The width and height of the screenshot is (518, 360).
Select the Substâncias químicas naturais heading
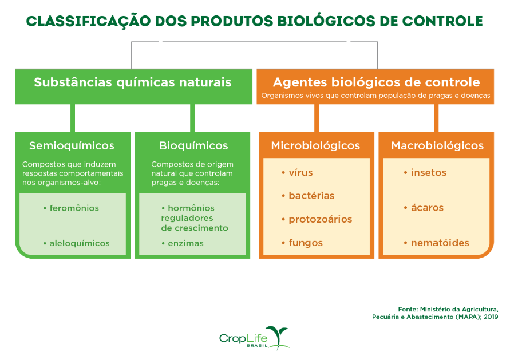point(132,82)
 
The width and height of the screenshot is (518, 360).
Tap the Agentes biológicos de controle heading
point(376,82)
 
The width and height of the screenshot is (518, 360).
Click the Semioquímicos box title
point(72,145)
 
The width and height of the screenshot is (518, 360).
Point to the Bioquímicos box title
point(193,145)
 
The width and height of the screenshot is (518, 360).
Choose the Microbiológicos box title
point(315,145)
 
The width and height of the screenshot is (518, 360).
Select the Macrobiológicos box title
point(437,145)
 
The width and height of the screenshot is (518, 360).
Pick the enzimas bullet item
point(185,243)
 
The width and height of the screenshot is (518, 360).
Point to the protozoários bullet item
point(320,219)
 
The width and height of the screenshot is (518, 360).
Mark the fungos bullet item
point(306,243)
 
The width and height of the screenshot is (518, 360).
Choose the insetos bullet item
point(428,173)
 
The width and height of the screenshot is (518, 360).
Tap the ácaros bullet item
point(427,208)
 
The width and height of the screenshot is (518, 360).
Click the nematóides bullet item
point(440,243)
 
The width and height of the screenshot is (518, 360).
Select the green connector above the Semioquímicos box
point(73,118)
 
